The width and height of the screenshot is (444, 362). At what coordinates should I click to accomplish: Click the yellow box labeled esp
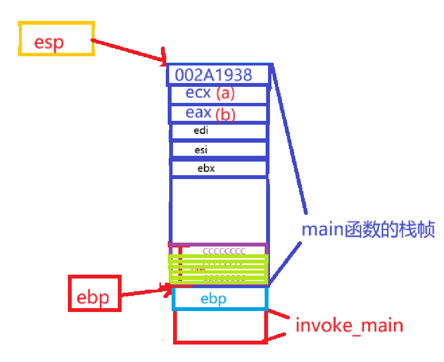(x=56, y=38)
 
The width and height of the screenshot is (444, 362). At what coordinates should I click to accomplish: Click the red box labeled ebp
(x=95, y=293)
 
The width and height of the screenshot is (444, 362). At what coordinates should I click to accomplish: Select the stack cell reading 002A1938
(x=218, y=75)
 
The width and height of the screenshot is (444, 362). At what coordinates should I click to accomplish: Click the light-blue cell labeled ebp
(x=219, y=298)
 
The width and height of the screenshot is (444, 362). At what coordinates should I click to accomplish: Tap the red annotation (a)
(x=225, y=93)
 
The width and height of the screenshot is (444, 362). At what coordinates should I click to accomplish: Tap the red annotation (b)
(x=225, y=115)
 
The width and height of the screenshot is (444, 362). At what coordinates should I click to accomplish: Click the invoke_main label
(x=349, y=325)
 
